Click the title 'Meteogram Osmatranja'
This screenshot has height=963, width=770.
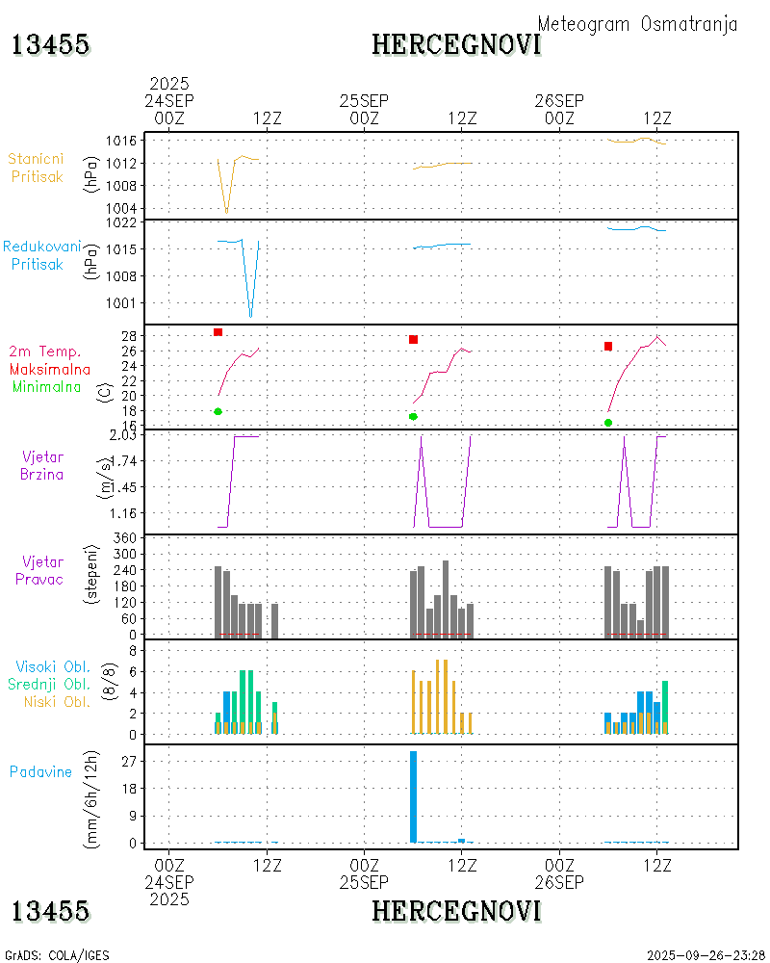pyautogui.click(x=637, y=25)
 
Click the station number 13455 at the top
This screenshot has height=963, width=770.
pyautogui.click(x=51, y=44)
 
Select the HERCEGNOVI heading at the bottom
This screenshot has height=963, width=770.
pyautogui.click(x=456, y=911)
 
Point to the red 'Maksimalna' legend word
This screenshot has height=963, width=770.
pyautogui.click(x=50, y=369)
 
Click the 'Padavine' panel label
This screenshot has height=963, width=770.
pyautogui.click(x=40, y=771)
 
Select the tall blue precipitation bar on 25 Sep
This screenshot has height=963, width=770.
pyautogui.click(x=413, y=796)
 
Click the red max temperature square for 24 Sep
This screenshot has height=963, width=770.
pyautogui.click(x=218, y=332)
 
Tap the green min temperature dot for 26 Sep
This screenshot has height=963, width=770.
pyautogui.click(x=608, y=423)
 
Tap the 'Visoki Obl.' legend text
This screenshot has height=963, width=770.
pyautogui.click(x=53, y=666)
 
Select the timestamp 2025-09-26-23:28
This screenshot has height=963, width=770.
pyautogui.click(x=706, y=955)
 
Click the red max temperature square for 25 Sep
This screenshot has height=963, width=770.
pyautogui.click(x=413, y=339)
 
